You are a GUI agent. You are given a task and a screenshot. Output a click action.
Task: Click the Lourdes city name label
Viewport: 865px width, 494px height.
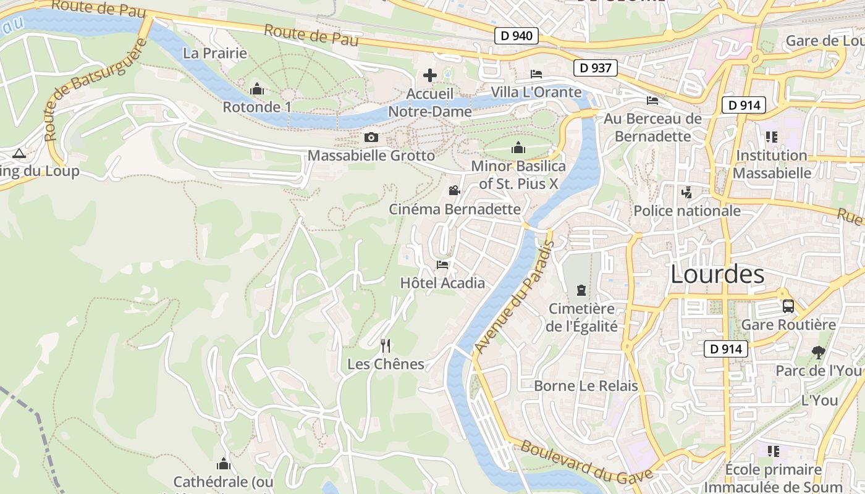pyautogui.click(x=717, y=274)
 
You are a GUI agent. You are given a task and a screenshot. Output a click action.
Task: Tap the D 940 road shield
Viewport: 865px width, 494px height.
pyautogui.click(x=517, y=36)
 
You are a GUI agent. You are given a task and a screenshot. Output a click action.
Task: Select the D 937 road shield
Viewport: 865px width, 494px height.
pyautogui.click(x=596, y=67)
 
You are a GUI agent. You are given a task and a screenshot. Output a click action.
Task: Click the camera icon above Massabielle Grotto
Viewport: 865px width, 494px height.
pyautogui.click(x=371, y=137)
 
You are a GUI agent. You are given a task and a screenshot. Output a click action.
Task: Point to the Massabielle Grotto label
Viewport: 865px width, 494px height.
pyautogui.click(x=371, y=155)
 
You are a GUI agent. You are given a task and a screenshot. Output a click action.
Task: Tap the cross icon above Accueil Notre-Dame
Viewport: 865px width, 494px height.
pyautogui.click(x=430, y=76)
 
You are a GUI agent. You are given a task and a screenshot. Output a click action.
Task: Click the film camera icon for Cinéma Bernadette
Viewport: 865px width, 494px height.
pyautogui.click(x=455, y=190)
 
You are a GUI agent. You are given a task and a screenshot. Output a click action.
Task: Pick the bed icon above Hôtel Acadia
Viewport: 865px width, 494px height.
pyautogui.click(x=442, y=265)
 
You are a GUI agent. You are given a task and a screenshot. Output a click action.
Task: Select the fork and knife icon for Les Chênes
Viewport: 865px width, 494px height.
pyautogui.click(x=386, y=345)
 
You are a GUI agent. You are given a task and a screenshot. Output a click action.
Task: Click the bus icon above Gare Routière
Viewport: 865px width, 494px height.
pyautogui.click(x=788, y=306)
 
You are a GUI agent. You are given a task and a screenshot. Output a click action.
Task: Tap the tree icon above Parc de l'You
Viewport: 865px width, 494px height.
pyautogui.click(x=818, y=353)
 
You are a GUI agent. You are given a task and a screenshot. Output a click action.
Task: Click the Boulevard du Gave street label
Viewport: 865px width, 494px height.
pyautogui.click(x=586, y=461)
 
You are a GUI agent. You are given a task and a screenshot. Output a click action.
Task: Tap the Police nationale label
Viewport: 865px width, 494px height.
pyautogui.click(x=687, y=211)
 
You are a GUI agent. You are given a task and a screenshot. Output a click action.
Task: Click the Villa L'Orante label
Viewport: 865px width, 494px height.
pyautogui.click(x=536, y=93)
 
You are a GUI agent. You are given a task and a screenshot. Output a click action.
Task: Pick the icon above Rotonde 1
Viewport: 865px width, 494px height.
pyautogui.click(x=257, y=90)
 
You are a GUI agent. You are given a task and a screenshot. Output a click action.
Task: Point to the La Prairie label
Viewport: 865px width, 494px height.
pyautogui.click(x=215, y=53)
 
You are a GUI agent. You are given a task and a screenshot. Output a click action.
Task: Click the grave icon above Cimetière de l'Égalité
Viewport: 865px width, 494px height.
pyautogui.click(x=581, y=289)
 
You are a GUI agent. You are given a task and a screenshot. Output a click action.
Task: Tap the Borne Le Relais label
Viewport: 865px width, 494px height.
pyautogui.click(x=586, y=386)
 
